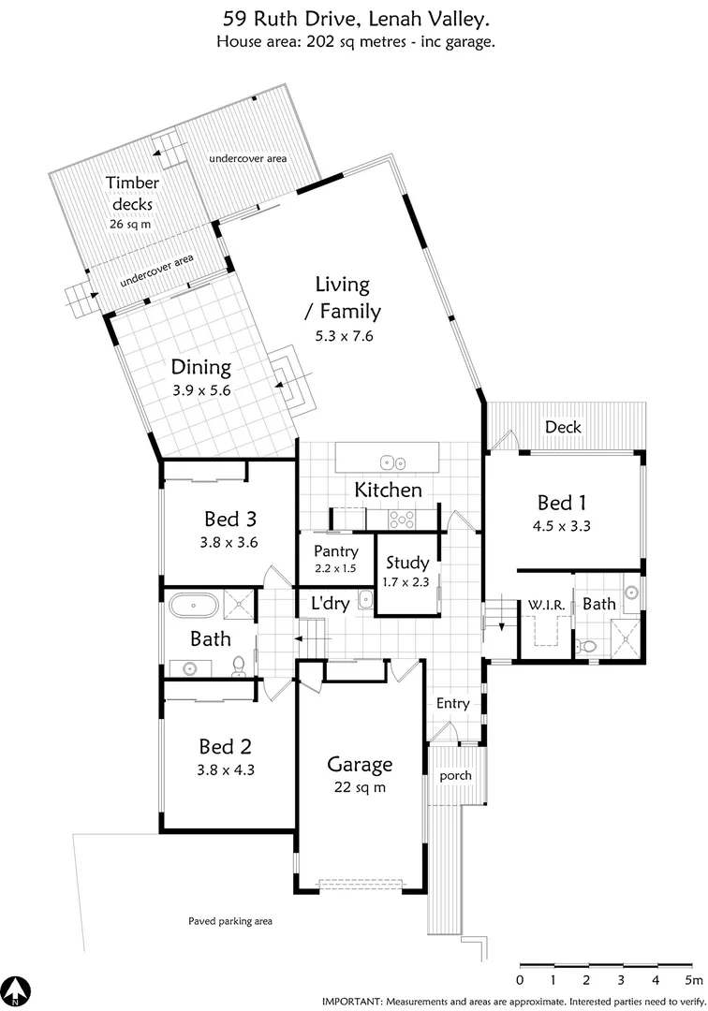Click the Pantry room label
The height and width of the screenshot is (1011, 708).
pos(336,551)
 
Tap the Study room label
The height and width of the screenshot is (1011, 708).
pos(408,564)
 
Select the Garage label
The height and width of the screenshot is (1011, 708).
pos(360,764)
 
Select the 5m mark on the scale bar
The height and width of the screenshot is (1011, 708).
pos(693,980)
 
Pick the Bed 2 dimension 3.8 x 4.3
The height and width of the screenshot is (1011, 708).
pos(226,770)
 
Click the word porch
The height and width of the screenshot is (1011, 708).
pos(455,776)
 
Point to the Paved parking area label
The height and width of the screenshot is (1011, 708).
pos(229,921)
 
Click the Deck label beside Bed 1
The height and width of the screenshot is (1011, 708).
pos(563,427)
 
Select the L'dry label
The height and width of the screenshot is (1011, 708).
pos(331,605)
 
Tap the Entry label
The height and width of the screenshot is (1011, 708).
pos(453,704)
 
